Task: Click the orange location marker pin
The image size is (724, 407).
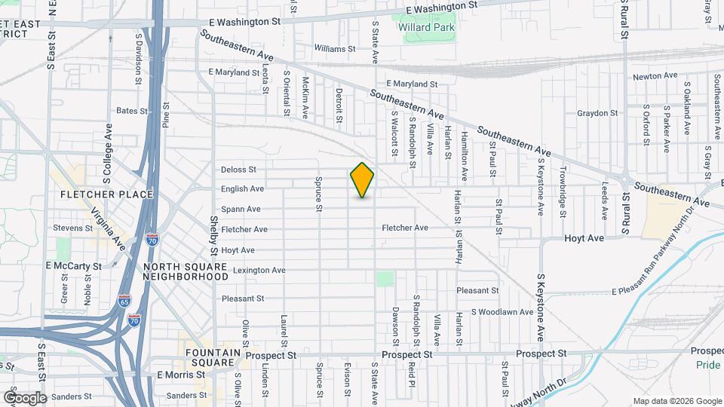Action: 362,179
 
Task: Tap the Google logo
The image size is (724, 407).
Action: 25,397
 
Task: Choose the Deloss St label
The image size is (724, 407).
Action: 239,170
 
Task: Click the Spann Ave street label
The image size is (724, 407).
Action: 241,209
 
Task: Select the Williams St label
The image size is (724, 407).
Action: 335,48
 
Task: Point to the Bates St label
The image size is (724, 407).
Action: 131,111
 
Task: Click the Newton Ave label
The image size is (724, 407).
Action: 655,76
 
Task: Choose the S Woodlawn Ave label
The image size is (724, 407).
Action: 502,312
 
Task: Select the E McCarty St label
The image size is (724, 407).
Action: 74,266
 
